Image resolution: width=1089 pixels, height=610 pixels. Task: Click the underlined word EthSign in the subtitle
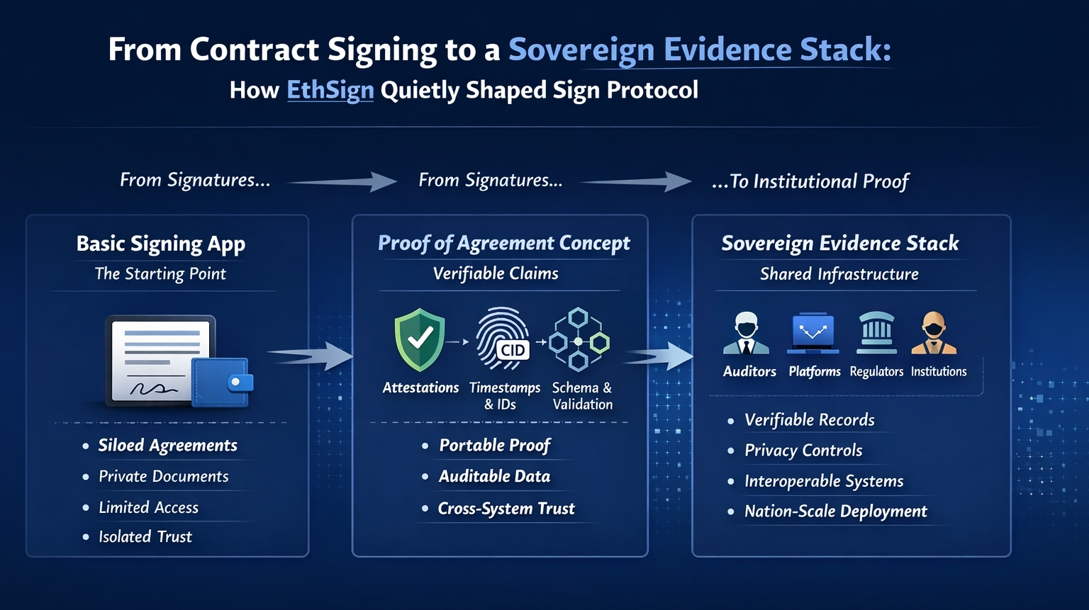(x=330, y=91)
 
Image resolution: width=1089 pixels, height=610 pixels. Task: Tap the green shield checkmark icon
(x=420, y=339)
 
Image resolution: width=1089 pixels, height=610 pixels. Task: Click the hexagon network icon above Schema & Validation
(x=579, y=339)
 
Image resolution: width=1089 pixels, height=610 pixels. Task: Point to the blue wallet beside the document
(x=221, y=381)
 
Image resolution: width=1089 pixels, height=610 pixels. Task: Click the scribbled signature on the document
(x=153, y=388)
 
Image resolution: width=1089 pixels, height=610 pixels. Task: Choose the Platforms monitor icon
(x=812, y=333)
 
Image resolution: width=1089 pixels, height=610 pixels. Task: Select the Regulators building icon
(x=876, y=333)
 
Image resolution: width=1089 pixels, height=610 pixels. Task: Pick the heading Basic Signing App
(x=161, y=244)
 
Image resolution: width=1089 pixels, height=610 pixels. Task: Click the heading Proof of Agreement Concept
(x=503, y=243)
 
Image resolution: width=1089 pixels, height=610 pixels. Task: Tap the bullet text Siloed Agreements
(x=167, y=446)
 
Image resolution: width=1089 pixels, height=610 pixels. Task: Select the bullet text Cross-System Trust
(x=506, y=509)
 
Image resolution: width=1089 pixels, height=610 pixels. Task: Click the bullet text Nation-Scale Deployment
(x=835, y=512)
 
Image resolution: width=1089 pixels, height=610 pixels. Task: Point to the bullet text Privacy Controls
(x=803, y=451)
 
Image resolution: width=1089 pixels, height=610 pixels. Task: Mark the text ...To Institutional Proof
(x=810, y=181)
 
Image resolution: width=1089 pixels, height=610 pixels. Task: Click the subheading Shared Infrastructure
(x=839, y=274)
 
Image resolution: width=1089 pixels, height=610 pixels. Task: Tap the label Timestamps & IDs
(x=504, y=396)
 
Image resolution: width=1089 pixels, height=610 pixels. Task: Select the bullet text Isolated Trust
(x=145, y=537)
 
